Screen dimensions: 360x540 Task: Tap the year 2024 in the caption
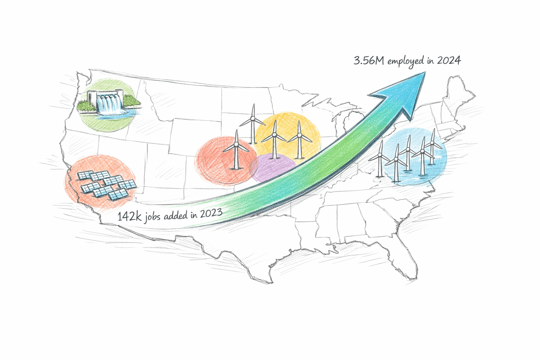449,60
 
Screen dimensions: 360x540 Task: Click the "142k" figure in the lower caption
129,216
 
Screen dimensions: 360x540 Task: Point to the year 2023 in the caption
211,213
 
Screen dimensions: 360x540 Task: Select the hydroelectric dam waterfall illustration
109,103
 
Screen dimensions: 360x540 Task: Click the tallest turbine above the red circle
252,123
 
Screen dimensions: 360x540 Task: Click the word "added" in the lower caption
176,215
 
